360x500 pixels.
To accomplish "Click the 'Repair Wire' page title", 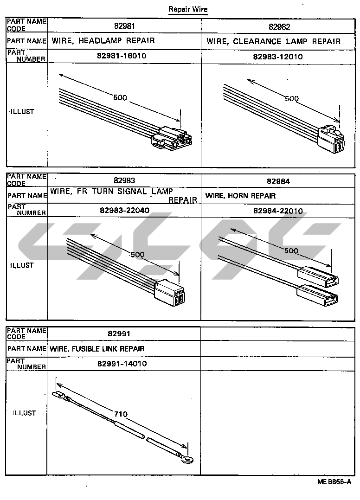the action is point(188,9).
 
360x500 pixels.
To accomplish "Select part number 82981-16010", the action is point(122,56).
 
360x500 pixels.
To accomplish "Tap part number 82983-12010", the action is point(278,57).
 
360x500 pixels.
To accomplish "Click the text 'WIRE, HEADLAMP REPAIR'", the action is point(103,40).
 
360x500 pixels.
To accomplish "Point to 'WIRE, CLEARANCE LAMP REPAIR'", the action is point(274,41).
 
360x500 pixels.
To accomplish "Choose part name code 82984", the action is point(278,181).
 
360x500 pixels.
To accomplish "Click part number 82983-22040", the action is point(124,210).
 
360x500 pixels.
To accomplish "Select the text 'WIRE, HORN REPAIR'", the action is point(240,195).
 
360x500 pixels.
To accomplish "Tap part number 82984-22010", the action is point(278,211).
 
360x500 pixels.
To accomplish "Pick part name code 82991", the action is point(119,334).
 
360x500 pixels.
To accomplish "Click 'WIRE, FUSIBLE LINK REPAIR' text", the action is point(97,349).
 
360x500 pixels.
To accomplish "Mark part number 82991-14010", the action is point(122,364).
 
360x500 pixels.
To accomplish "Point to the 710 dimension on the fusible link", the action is point(121,414).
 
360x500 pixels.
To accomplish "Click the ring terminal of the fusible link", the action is point(187,460).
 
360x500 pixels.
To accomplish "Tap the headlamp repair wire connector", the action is point(172,138).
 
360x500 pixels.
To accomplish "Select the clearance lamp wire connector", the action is point(331,139).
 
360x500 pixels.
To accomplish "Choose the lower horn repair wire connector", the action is point(317,295).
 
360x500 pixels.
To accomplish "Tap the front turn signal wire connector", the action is point(169,293).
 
